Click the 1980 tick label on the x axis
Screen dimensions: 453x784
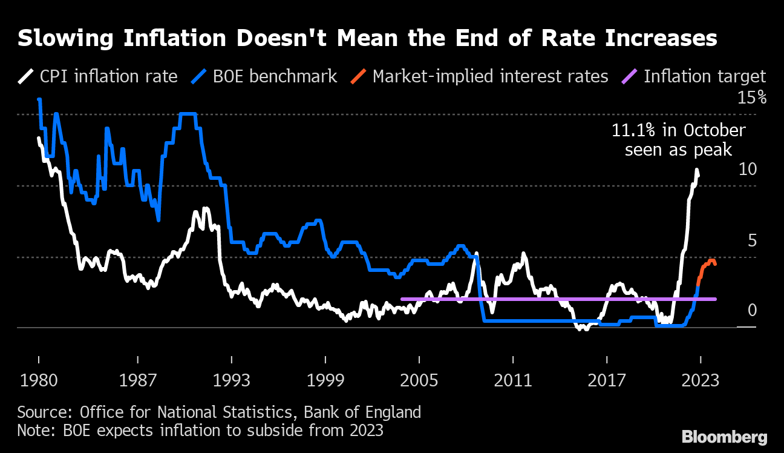38,380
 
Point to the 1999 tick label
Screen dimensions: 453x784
327,380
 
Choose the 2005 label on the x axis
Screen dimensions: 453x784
419,380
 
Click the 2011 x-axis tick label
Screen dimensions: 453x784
512,380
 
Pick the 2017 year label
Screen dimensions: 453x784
607,380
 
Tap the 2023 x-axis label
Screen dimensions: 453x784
700,380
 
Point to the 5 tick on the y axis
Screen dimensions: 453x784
752,240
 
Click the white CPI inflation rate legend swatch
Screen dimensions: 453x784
26,77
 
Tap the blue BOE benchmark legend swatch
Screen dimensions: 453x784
200,77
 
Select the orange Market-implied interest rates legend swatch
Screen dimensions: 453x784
358,77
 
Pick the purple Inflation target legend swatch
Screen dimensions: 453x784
629,77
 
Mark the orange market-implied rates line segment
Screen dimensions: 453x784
707,266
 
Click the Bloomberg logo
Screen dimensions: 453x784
724,437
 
